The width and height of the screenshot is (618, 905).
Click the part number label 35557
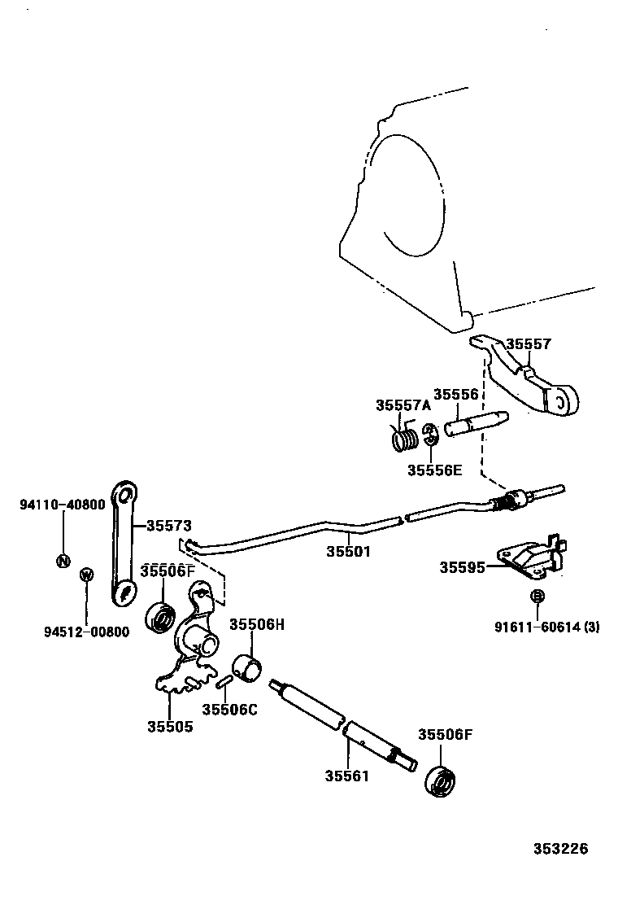pos(529,344)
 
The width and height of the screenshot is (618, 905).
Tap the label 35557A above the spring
pos(403,404)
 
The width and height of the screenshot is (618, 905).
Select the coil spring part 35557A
pos(405,439)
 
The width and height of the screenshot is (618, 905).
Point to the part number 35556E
pos(434,470)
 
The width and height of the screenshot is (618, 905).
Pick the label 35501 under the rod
pos(349,551)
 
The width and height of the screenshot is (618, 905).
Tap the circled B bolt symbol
pos(537,597)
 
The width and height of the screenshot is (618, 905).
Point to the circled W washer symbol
pos(86,575)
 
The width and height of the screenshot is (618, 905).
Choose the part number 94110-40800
pos(62,505)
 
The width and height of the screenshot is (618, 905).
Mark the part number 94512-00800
pos(85,632)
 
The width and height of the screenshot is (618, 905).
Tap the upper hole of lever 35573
pos(125,494)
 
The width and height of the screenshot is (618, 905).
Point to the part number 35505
pos(170,726)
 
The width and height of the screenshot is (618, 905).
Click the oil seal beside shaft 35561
pos(442,782)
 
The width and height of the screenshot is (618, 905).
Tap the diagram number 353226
pos(560,849)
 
